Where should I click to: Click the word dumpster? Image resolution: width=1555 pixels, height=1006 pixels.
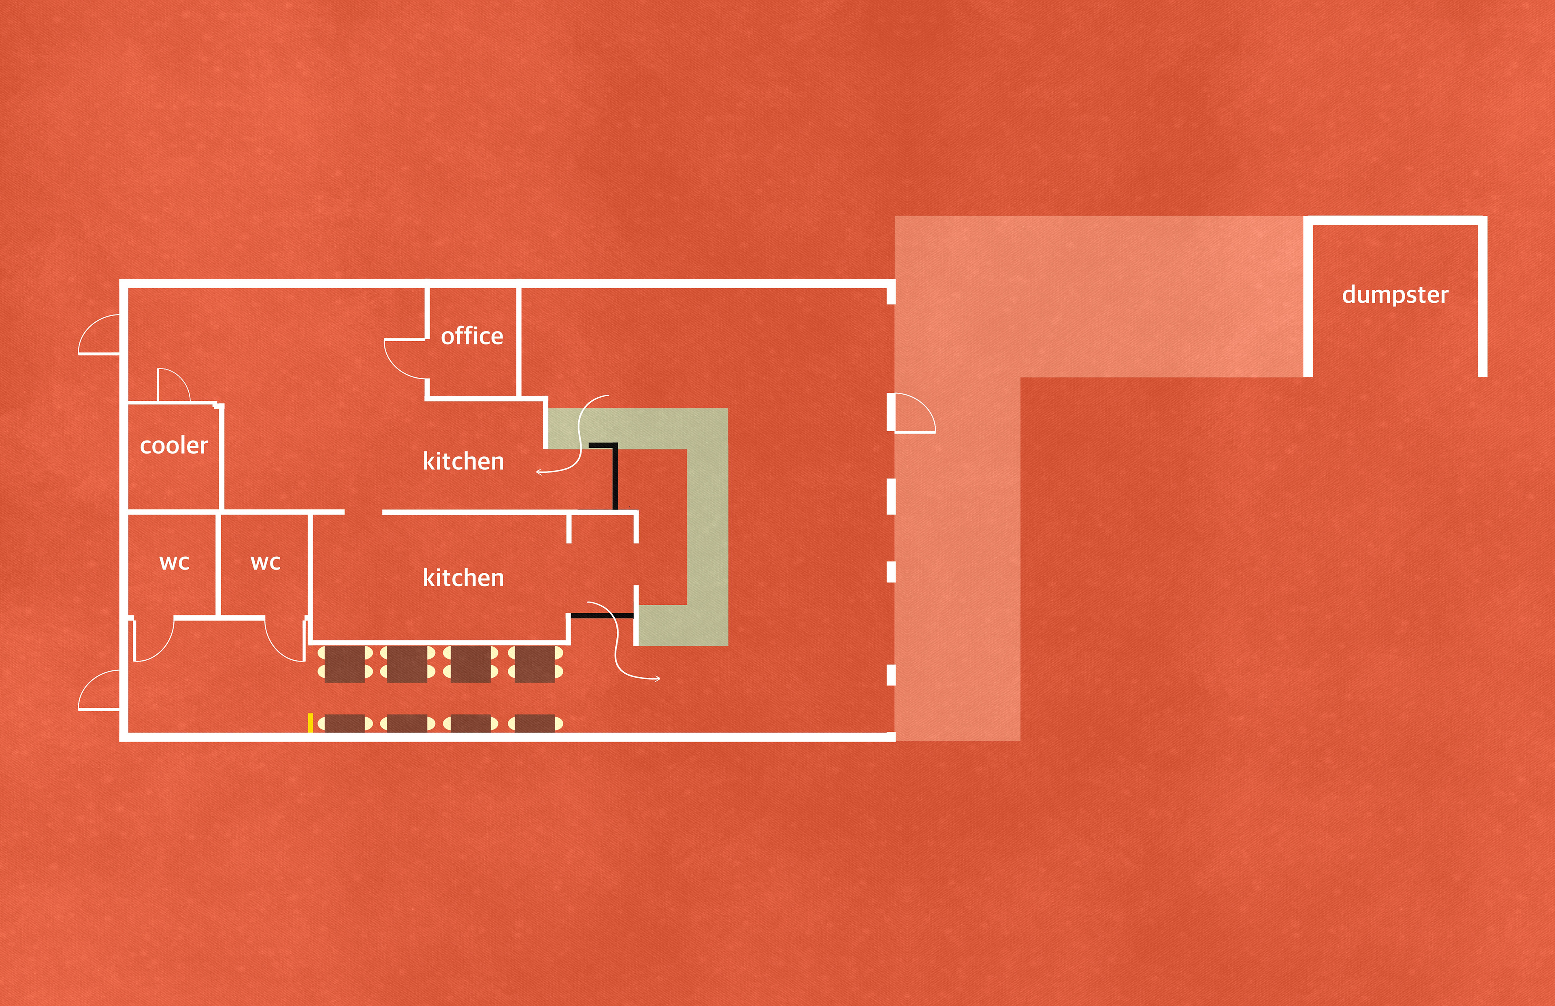click(1395, 295)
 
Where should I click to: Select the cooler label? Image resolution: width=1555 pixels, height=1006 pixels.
click(174, 445)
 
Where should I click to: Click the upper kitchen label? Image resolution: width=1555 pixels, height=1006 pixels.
click(463, 461)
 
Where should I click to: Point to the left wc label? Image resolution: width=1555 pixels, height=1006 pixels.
click(175, 562)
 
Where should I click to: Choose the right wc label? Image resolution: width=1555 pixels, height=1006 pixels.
click(265, 562)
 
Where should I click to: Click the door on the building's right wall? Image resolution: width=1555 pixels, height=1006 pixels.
click(915, 413)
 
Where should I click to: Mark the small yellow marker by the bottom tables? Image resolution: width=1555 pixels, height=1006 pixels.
click(310, 723)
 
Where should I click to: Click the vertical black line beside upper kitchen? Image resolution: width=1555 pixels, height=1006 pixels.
click(615, 476)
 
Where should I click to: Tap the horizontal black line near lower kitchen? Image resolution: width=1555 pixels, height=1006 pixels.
click(601, 615)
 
